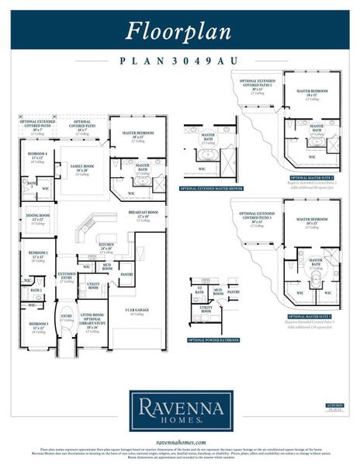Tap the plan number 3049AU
[x=180, y=59]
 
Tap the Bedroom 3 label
[x=38, y=325]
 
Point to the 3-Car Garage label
[x=137, y=311]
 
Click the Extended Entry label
[x=67, y=276]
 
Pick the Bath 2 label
[x=36, y=290]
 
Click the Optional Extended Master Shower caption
[x=208, y=189]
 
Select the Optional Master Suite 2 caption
[x=310, y=178]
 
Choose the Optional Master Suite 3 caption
[x=310, y=317]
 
